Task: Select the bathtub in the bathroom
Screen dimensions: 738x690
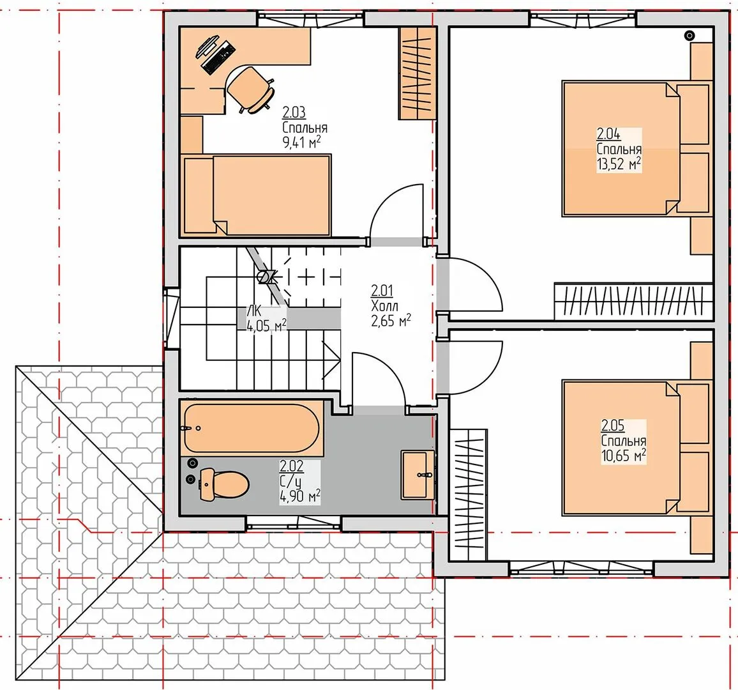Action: (x=252, y=427)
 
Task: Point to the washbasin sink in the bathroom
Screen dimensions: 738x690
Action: (x=418, y=474)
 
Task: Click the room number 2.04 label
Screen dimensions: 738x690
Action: (x=608, y=134)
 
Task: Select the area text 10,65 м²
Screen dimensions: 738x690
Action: (x=623, y=456)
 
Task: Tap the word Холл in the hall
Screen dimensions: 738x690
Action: (x=384, y=305)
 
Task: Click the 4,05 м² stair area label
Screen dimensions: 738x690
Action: (x=266, y=325)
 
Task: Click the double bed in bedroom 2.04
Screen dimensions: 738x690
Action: (x=636, y=149)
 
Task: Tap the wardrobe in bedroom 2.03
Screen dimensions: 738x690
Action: (x=417, y=73)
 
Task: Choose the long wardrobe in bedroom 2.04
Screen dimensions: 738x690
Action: (x=633, y=302)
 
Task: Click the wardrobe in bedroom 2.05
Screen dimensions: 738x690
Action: (x=468, y=494)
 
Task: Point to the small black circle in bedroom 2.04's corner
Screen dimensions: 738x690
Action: (x=689, y=35)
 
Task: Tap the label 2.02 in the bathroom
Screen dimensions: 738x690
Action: (x=291, y=466)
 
